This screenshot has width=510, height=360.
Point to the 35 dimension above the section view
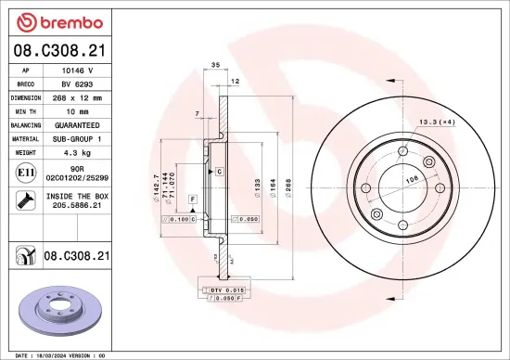(x=214, y=66)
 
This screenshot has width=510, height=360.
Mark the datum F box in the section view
(x=192, y=199)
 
